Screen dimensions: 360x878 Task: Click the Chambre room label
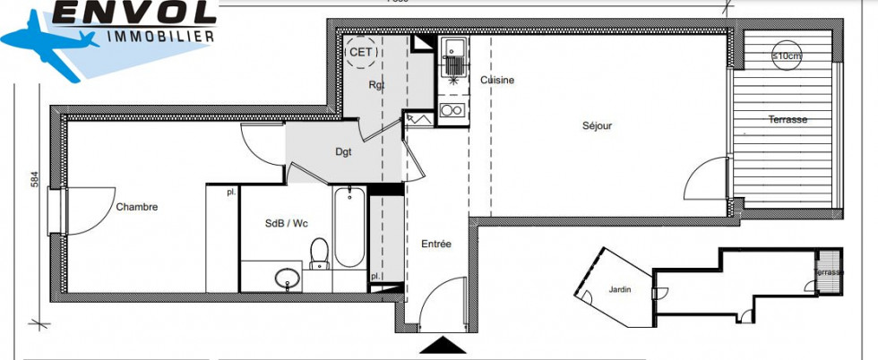point(136,207)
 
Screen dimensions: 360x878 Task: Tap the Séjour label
point(597,126)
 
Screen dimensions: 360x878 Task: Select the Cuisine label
point(497,81)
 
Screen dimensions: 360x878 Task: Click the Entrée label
point(436,244)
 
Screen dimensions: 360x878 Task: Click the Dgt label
point(343,152)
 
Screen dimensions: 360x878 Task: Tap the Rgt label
point(376,85)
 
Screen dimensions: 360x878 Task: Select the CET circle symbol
point(362,52)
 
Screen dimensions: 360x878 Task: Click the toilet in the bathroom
point(319,253)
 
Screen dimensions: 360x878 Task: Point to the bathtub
point(349,227)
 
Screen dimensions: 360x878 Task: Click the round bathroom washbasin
point(287,277)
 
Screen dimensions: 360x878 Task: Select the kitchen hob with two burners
point(452,111)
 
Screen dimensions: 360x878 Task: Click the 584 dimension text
point(35,180)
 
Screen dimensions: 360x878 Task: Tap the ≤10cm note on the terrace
point(788,57)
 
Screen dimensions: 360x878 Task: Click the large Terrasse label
point(788,120)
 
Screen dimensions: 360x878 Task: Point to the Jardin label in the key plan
point(619,288)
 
